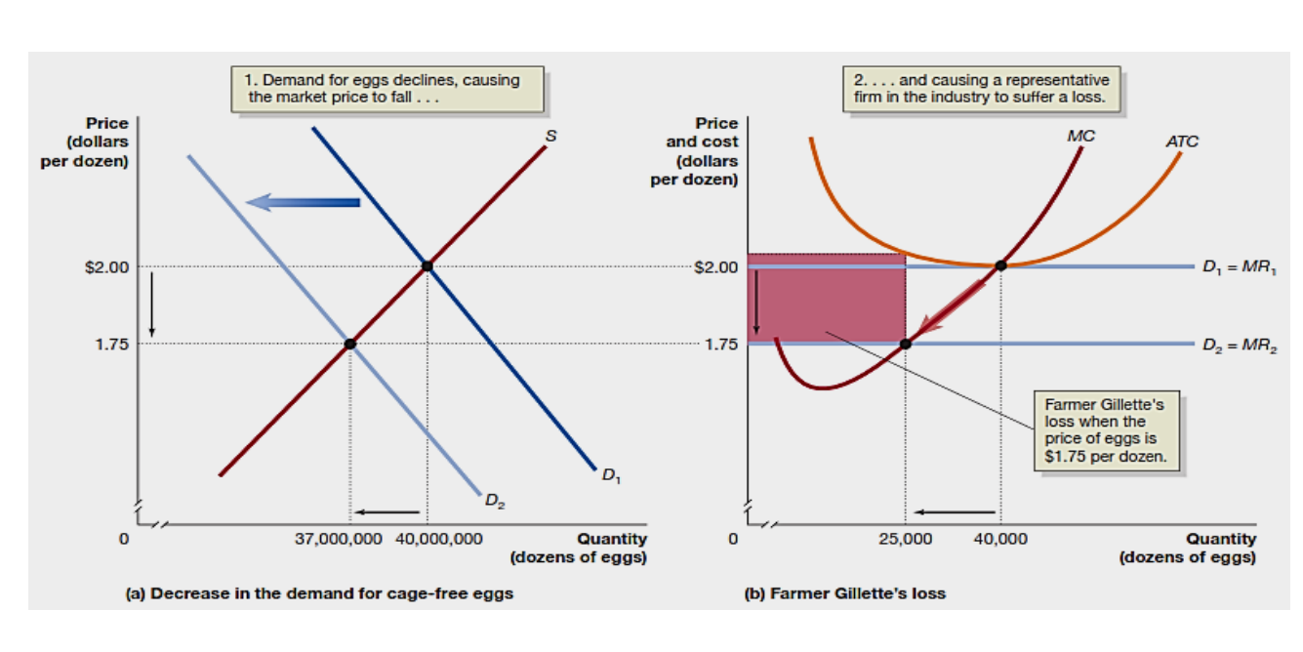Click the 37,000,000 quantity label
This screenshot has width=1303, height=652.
tap(339, 539)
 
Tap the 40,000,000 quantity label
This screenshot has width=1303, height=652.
tap(438, 539)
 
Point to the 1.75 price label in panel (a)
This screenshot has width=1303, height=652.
tap(111, 344)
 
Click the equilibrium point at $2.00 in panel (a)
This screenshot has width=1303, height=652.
tap(428, 266)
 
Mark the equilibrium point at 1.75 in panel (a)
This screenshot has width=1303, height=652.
tap(350, 344)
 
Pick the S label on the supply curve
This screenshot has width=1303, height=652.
tap(550, 136)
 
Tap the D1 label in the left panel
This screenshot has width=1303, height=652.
tap(610, 476)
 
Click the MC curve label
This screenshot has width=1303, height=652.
tap(1080, 137)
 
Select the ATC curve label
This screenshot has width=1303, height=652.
tap(1182, 142)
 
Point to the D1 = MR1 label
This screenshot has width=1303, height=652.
tap(1241, 266)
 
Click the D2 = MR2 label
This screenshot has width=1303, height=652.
tap(1241, 344)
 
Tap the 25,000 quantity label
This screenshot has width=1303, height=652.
tap(905, 539)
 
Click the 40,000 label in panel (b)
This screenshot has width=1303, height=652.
tap(999, 539)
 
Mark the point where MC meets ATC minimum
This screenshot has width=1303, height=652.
tap(1000, 265)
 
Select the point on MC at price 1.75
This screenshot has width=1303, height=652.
tap(906, 344)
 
